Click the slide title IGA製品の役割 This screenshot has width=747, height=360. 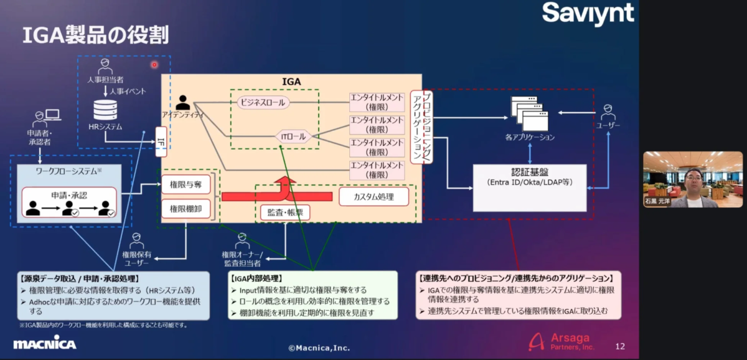point(95,35)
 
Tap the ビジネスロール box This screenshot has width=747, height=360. point(263,102)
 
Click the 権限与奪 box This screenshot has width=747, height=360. point(186,184)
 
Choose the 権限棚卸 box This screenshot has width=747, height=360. point(186,208)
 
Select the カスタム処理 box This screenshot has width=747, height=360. point(374,197)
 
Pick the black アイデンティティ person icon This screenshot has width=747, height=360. point(183,102)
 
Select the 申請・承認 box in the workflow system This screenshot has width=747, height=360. point(69,202)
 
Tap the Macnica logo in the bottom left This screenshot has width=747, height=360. point(44,344)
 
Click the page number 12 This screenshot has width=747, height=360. point(619,346)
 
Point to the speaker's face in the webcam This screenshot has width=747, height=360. point(693,179)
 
